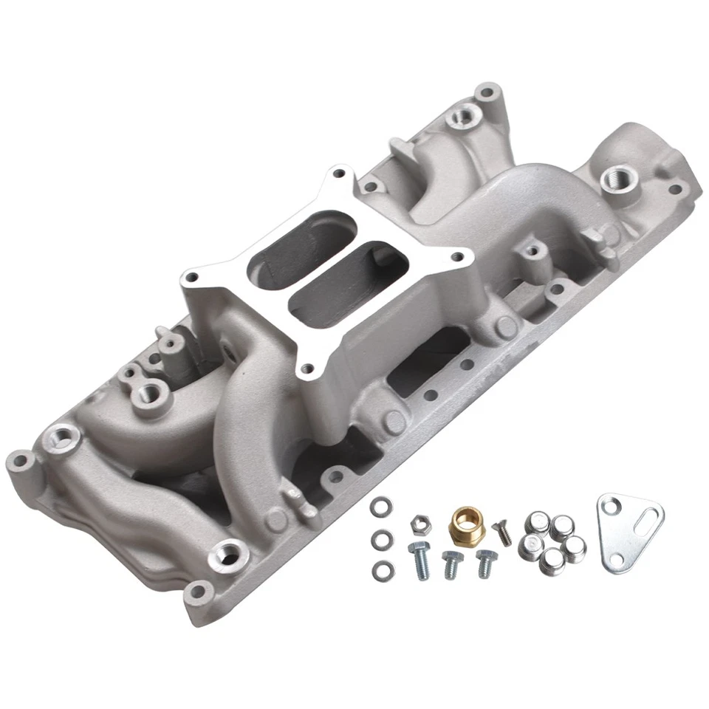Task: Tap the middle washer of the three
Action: tap(381, 539)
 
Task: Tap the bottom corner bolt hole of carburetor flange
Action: tap(306, 363)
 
